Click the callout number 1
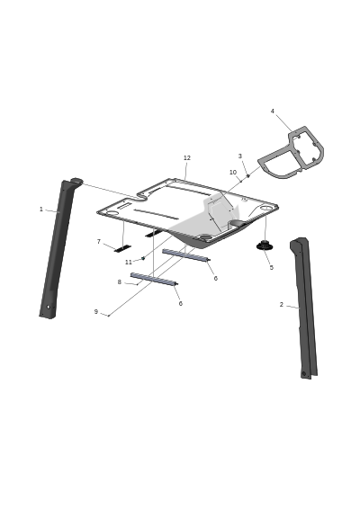coord(41,210)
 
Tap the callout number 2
coord(282,305)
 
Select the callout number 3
coord(240,156)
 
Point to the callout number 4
coord(273,112)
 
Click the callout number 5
coord(271,267)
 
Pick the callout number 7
coord(99,242)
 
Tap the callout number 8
coord(119,282)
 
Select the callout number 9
coord(95,312)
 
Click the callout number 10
coord(233,173)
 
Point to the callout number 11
coord(129,262)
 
